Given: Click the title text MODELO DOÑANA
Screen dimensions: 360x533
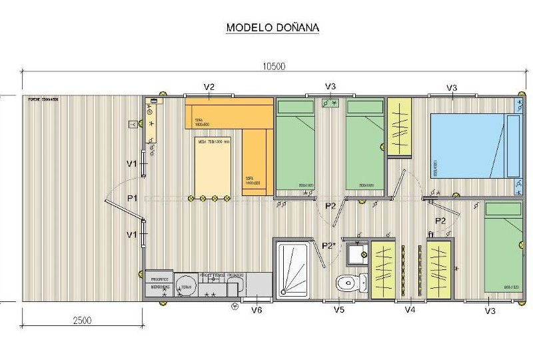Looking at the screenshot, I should point(272,28).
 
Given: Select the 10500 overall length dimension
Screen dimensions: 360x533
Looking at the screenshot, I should point(274,65).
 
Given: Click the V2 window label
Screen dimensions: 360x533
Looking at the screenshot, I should point(209,87).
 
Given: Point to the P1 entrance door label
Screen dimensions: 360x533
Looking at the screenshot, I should point(132,198).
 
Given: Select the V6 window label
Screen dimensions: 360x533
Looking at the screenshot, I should point(256,310).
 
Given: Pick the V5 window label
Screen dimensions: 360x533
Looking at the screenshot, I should point(338,310).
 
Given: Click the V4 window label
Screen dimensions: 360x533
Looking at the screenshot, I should point(410,310).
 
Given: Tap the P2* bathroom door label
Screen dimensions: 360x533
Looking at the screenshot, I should point(328,245).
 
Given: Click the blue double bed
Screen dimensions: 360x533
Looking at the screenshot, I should point(474,145).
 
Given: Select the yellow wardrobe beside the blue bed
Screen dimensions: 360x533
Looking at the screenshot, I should point(399,127).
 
